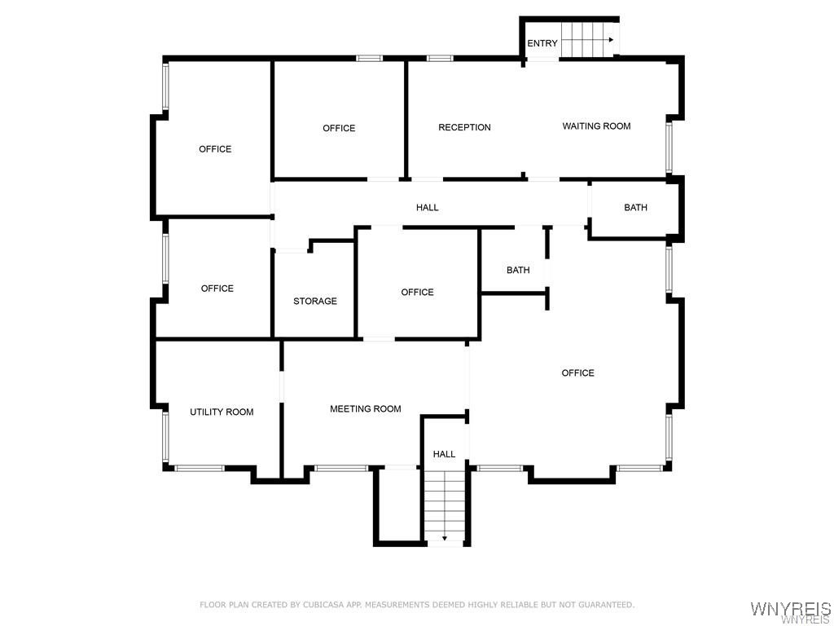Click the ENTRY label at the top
(x=542, y=43)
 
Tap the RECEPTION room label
(x=464, y=127)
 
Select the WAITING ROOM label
(x=596, y=126)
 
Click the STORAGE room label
(x=315, y=302)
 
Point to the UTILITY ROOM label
(x=222, y=412)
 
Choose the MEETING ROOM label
(x=365, y=409)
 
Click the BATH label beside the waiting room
(x=635, y=208)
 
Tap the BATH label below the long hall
(x=518, y=271)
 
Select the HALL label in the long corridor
(x=428, y=208)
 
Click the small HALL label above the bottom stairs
(x=444, y=454)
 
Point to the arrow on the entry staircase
(x=609, y=39)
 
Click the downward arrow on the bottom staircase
(x=445, y=538)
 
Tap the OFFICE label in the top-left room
(x=215, y=149)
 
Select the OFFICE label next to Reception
(x=339, y=128)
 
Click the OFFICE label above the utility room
(x=217, y=289)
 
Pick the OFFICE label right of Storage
(x=417, y=293)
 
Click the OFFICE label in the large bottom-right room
(x=577, y=373)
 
